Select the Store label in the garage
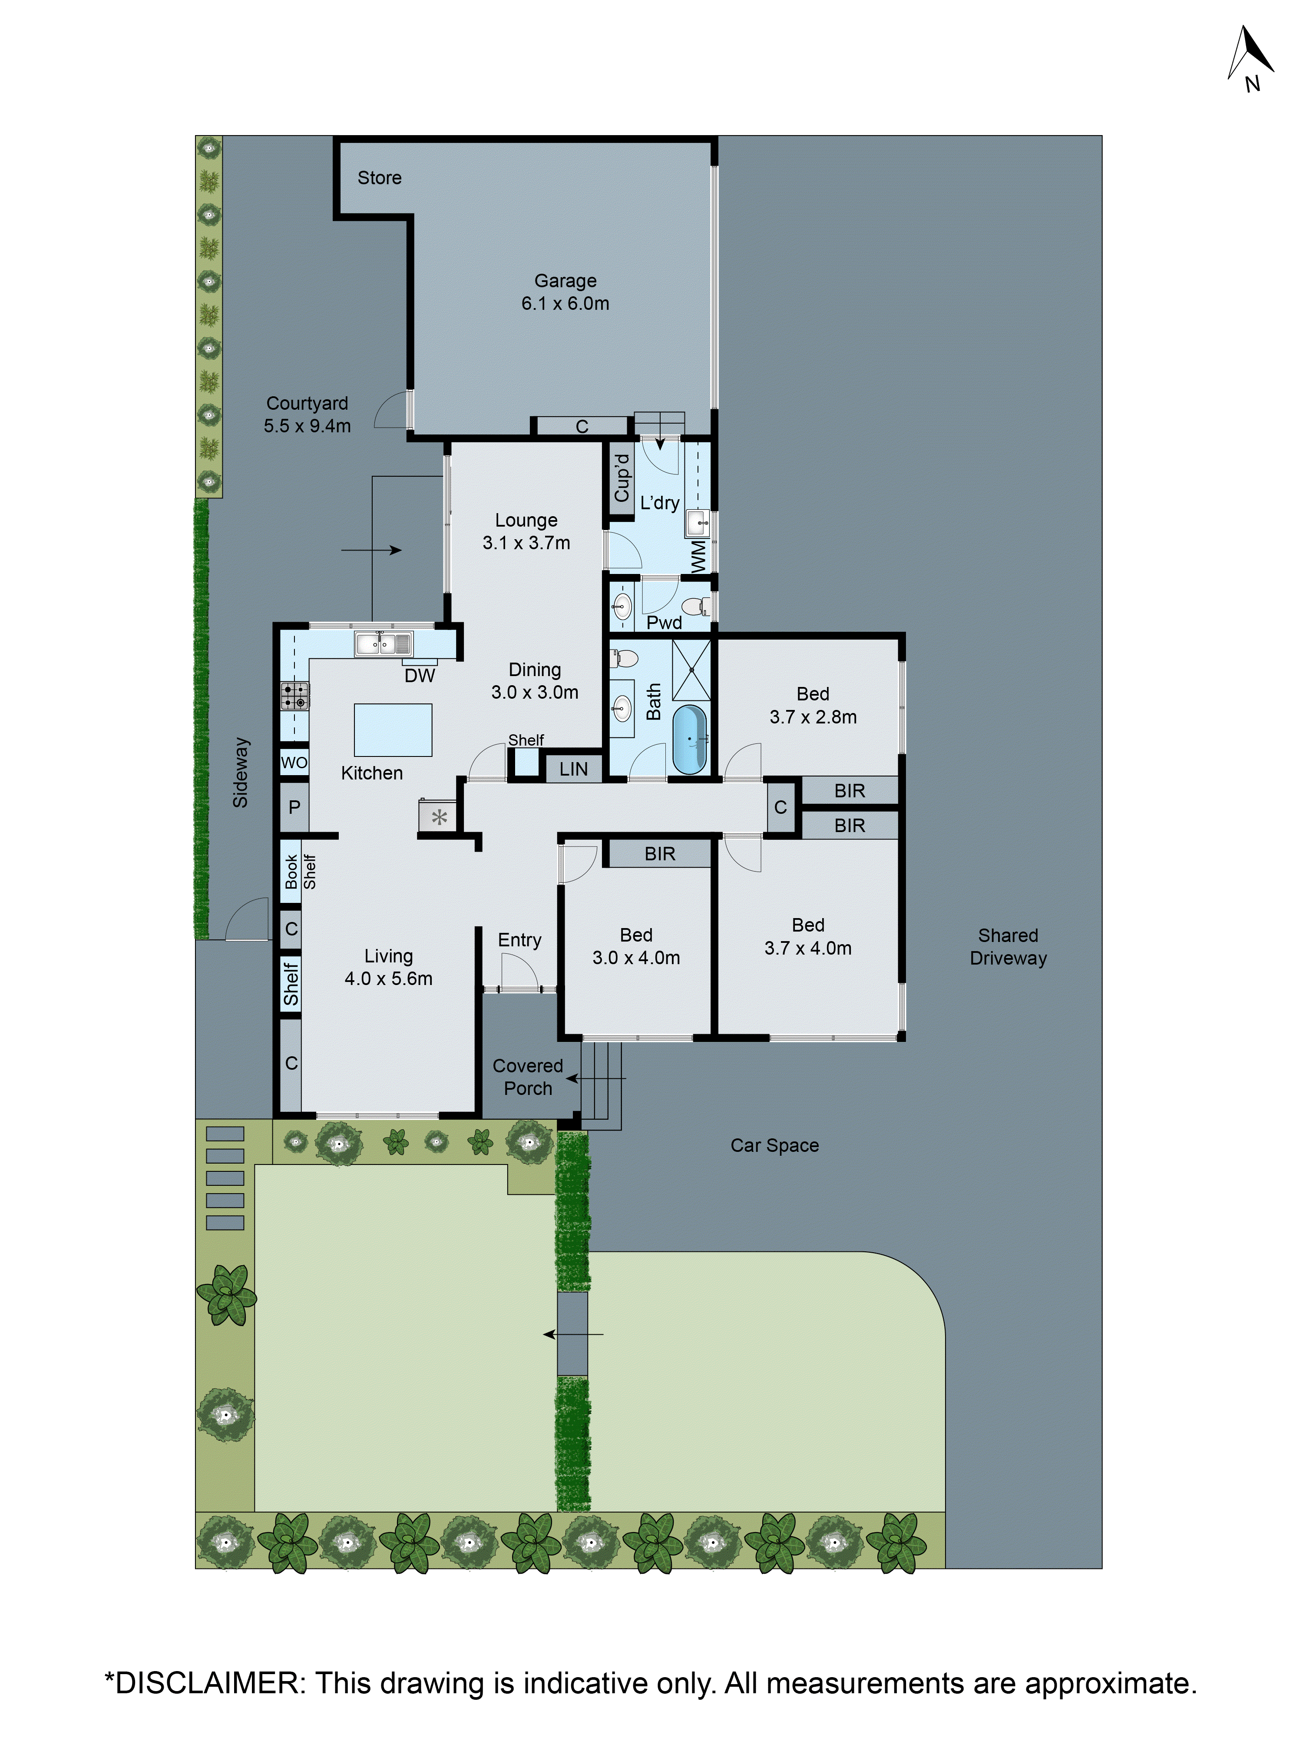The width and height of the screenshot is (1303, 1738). (379, 178)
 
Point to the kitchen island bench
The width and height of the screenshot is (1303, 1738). (393, 729)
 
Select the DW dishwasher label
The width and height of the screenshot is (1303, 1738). (420, 675)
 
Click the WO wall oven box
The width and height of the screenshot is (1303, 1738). (294, 762)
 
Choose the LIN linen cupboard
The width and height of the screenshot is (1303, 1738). (573, 769)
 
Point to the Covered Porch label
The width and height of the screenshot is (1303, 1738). (528, 1076)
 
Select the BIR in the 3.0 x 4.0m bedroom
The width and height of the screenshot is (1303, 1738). (660, 853)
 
